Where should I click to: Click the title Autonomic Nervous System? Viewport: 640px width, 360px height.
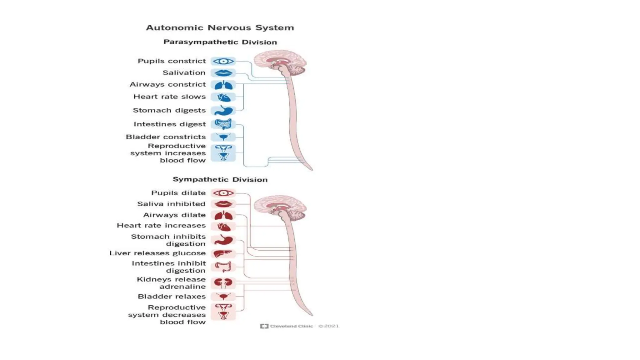pyautogui.click(x=220, y=28)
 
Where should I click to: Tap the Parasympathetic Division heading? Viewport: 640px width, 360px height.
pyautogui.click(x=220, y=42)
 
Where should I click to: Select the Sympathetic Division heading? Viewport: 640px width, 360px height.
pyautogui.click(x=220, y=180)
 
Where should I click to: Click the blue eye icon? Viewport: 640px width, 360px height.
pyautogui.click(x=223, y=61)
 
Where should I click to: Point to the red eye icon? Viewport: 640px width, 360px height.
pyautogui.click(x=223, y=193)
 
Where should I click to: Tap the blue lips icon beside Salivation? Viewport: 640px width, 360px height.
pyautogui.click(x=223, y=73)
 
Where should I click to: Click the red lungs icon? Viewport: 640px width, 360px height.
pyautogui.click(x=223, y=216)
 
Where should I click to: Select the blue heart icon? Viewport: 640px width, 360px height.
pyautogui.click(x=223, y=97)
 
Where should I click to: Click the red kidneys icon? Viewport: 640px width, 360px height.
pyautogui.click(x=223, y=283)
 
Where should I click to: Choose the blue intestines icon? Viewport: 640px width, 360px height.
pyautogui.click(x=223, y=124)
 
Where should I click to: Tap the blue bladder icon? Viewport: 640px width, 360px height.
pyautogui.click(x=223, y=137)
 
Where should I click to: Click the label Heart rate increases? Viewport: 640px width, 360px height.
pyautogui.click(x=161, y=226)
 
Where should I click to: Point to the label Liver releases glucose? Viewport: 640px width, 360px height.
pyautogui.click(x=157, y=253)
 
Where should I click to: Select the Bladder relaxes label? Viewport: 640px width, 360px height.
pyautogui.click(x=172, y=297)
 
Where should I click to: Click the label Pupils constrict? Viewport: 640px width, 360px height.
pyautogui.click(x=172, y=61)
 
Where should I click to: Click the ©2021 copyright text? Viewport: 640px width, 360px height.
pyautogui.click(x=328, y=326)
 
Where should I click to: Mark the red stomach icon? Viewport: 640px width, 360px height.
pyautogui.click(x=223, y=240)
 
